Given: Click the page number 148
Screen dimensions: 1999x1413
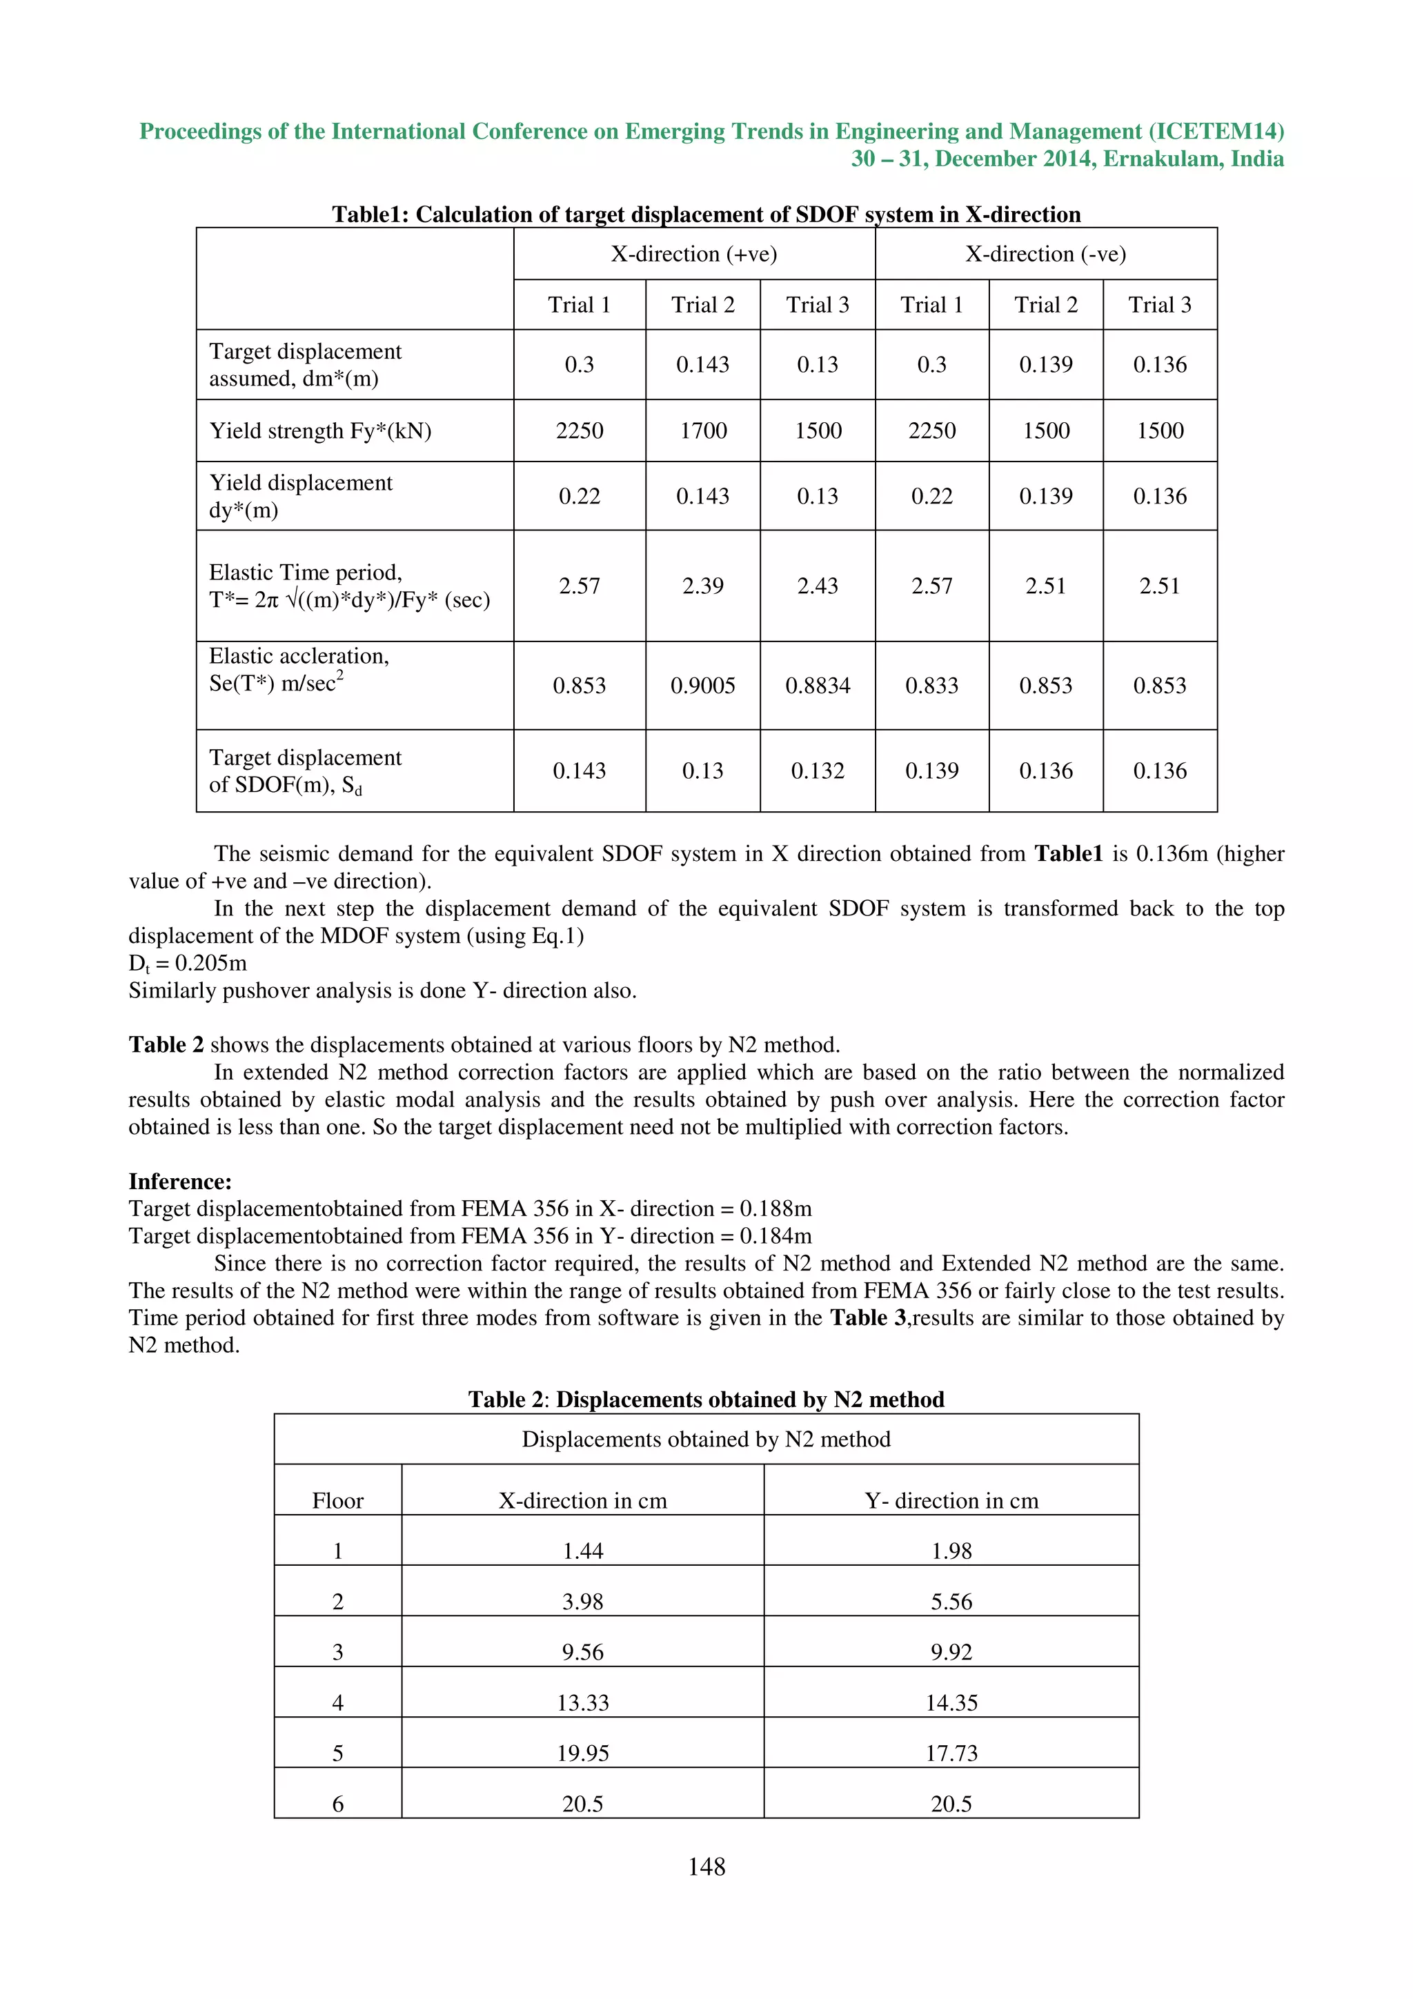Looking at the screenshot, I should pyautogui.click(x=706, y=1866).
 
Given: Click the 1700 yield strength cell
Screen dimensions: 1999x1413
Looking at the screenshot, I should pyautogui.click(x=702, y=430).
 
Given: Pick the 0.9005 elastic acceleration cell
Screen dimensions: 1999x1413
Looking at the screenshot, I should pyautogui.click(x=702, y=685).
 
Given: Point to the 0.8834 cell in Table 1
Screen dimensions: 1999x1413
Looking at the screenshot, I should pyautogui.click(x=818, y=685).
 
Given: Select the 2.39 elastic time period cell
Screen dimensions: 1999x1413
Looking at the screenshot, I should pyautogui.click(x=702, y=586).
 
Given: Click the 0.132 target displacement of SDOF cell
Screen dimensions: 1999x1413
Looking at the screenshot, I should pyautogui.click(x=818, y=770).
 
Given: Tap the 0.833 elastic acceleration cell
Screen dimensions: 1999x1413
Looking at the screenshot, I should pyautogui.click(x=931, y=685).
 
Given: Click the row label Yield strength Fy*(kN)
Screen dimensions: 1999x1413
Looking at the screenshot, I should pyautogui.click(x=320, y=431).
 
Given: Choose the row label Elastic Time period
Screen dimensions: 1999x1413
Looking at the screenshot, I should pyautogui.click(x=306, y=572).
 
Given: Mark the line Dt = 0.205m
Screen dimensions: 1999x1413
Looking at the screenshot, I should pyautogui.click(x=188, y=963).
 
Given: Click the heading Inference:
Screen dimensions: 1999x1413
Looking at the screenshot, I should pyautogui.click(x=180, y=1182).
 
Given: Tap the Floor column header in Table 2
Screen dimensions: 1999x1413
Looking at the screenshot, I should pyautogui.click(x=338, y=1500).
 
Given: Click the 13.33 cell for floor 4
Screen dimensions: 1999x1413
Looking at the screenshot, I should pyautogui.click(x=582, y=1702).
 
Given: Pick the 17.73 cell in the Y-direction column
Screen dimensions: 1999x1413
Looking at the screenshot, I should pyautogui.click(x=951, y=1753).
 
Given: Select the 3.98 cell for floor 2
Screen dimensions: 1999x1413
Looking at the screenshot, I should pyautogui.click(x=582, y=1601).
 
